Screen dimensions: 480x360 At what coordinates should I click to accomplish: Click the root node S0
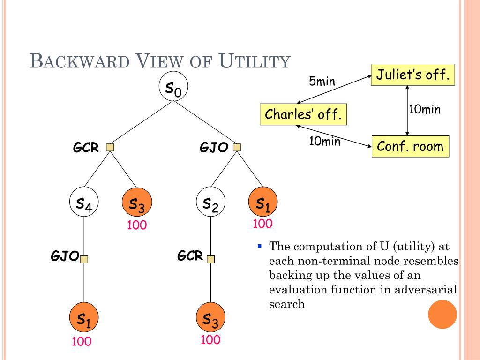click(x=173, y=87)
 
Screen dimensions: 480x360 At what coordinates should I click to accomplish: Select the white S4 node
click(x=84, y=202)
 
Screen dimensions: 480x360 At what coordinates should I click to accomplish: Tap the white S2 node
click(x=210, y=202)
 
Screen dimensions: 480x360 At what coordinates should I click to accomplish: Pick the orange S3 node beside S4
click(x=137, y=202)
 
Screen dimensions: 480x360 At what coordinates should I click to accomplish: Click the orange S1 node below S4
click(x=84, y=317)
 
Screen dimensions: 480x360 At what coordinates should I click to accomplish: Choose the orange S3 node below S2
click(x=210, y=317)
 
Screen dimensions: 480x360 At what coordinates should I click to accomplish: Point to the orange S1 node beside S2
click(x=263, y=202)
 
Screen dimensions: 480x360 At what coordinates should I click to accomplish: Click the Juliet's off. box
click(x=412, y=75)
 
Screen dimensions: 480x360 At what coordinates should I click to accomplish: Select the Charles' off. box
click(x=303, y=114)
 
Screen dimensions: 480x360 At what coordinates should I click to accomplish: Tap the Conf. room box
click(x=410, y=146)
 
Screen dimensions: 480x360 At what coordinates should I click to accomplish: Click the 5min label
click(x=322, y=81)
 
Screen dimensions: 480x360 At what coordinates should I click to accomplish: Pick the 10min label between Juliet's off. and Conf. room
click(x=425, y=109)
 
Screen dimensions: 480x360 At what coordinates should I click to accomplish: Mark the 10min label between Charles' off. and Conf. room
click(x=324, y=141)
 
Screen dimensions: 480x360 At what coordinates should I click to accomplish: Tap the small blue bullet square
click(x=260, y=246)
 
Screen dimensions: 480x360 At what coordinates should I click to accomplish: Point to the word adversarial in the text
click(x=426, y=289)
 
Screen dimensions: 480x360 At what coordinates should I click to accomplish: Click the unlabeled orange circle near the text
click(x=442, y=315)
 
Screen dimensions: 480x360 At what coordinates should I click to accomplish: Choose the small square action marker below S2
click(x=210, y=259)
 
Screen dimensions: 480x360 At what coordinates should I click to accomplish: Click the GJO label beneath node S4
click(x=65, y=255)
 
